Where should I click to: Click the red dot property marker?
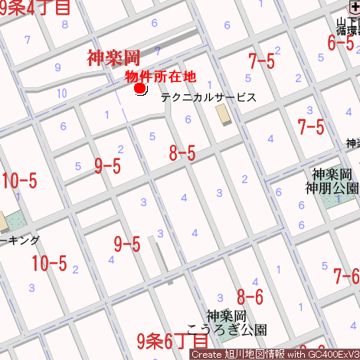tap(140, 89)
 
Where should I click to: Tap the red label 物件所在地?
tap(161, 76)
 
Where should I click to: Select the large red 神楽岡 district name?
tap(113, 57)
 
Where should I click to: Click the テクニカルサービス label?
tap(208, 98)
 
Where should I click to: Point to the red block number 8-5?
tap(182, 153)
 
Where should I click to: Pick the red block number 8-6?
tap(250, 296)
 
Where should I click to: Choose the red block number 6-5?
tap(341, 43)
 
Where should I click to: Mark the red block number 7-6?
tap(346, 276)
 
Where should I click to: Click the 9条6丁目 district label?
tap(172, 339)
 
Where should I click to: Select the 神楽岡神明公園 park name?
tap(332, 181)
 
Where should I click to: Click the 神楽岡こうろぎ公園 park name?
tap(237, 323)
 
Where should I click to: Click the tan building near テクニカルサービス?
tap(223, 114)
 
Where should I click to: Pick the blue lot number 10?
tap(61, 93)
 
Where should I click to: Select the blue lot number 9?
tap(57, 67)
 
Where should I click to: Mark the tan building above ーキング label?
tap(3, 221)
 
